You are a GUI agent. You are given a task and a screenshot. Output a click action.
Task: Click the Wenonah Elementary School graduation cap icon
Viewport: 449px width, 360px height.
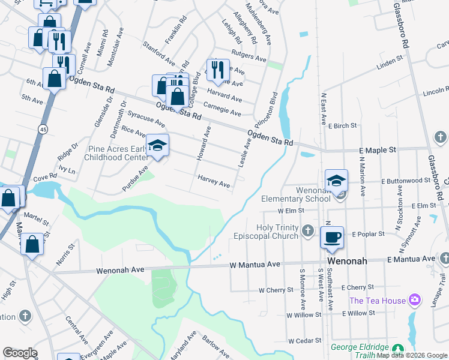[336, 180]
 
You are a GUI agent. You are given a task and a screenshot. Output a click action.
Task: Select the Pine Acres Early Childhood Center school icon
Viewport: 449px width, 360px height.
[157, 145]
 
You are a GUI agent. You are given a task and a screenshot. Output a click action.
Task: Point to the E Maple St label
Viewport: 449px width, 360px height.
[377, 149]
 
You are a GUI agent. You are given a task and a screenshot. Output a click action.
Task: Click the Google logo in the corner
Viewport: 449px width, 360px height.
[19, 353]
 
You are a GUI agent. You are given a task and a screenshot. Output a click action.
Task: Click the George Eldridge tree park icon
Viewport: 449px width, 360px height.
[397, 349]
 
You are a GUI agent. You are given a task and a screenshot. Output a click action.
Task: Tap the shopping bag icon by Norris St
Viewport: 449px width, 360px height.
[32, 244]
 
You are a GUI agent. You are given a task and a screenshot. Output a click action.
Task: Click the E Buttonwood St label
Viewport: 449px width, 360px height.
[406, 179]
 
